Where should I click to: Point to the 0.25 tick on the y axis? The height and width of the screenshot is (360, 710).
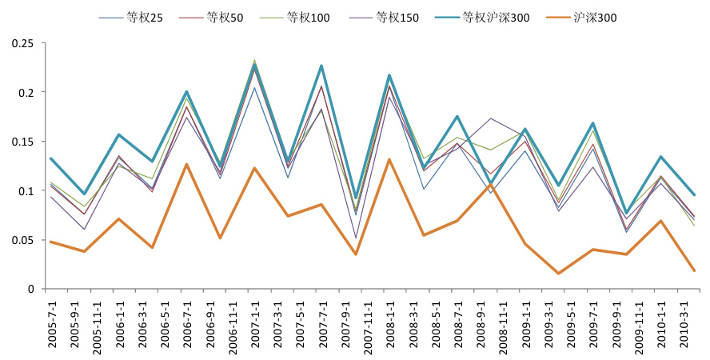click(x=23, y=43)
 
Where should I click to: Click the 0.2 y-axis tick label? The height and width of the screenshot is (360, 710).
click(x=26, y=93)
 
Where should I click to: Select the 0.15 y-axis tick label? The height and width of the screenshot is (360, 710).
click(x=23, y=142)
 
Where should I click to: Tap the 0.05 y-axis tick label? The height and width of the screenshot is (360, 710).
click(x=23, y=240)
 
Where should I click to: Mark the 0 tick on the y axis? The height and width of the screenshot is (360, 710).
click(x=33, y=289)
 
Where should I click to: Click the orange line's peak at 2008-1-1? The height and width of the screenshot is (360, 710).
click(x=389, y=159)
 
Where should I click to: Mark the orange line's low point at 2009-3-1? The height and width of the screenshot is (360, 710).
click(x=558, y=274)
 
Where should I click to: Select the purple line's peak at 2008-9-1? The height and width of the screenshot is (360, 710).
click(x=491, y=118)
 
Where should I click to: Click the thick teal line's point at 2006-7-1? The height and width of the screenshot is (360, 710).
click(x=186, y=92)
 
